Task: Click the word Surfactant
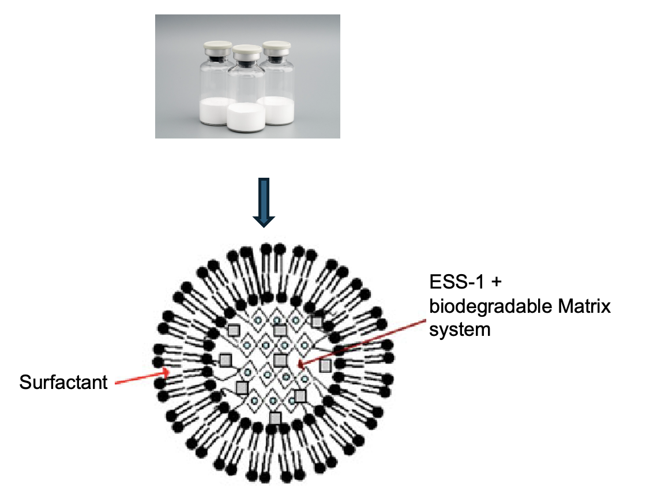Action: point(63,382)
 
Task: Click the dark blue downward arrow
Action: point(264,203)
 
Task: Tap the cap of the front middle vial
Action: point(246,50)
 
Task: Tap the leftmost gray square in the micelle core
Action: point(225,360)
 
